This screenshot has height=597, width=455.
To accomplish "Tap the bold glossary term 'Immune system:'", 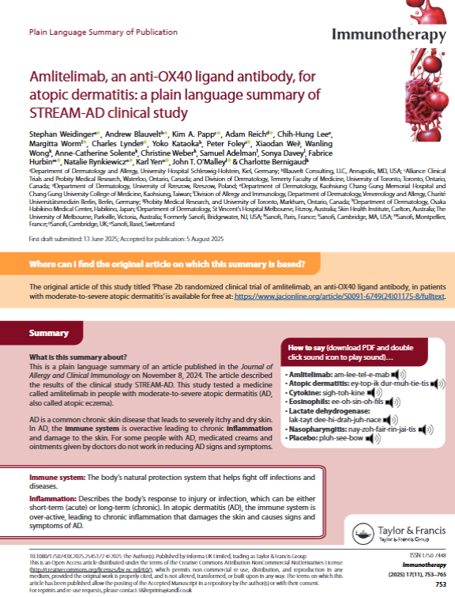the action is pos(57,478).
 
